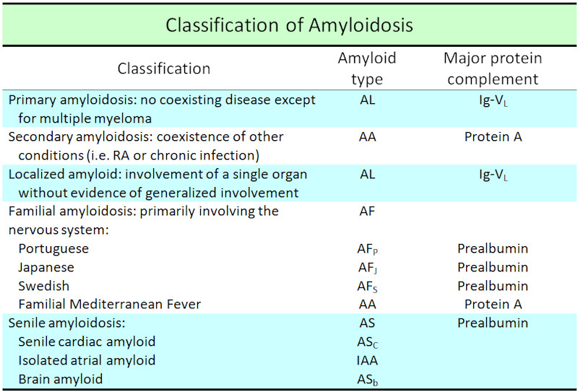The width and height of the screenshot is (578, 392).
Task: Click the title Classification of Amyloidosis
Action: (289, 25)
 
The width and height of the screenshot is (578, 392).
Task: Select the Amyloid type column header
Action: (367, 69)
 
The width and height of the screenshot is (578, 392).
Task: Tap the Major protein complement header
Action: (493, 69)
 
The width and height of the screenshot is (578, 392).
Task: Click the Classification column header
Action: (164, 69)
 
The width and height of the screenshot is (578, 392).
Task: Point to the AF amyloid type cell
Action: (367, 211)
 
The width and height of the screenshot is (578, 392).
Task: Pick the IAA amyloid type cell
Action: (367, 360)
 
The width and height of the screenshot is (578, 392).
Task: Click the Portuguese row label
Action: (53, 249)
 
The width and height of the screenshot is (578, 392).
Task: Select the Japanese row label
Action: (46, 268)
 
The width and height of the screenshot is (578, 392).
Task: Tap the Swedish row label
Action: (44, 286)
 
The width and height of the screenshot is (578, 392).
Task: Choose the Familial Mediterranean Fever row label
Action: (110, 305)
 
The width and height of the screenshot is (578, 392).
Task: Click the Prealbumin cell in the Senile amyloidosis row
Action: (493, 323)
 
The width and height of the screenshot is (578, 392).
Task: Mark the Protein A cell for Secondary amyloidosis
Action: (493, 136)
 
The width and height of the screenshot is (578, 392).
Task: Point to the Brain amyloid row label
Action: (61, 379)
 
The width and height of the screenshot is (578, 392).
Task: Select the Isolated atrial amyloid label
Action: (87, 360)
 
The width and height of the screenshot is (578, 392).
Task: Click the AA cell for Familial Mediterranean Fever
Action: (368, 305)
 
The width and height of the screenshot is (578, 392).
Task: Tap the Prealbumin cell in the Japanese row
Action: (493, 267)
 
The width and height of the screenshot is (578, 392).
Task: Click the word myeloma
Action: (118, 118)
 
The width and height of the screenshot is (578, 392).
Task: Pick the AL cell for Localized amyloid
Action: (368, 174)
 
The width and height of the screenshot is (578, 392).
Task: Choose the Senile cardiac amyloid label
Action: (87, 341)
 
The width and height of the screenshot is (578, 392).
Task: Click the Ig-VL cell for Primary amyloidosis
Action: (493, 100)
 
